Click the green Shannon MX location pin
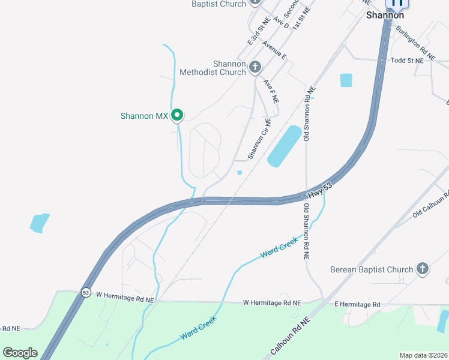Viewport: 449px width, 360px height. point(177,115)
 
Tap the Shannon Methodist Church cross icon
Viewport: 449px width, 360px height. point(255,66)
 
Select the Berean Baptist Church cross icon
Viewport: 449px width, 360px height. point(423,269)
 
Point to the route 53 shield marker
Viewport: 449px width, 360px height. point(86,292)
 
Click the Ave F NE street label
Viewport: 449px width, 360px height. point(271,92)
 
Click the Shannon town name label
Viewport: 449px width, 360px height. point(385,16)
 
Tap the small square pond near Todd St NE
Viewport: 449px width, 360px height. point(346,80)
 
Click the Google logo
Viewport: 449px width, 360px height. point(20,353)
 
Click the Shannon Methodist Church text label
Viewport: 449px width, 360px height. point(213,68)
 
